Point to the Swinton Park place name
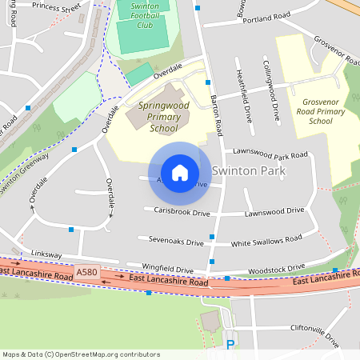249,170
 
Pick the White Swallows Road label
266,240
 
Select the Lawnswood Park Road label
270,152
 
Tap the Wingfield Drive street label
167,270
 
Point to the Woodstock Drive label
277,268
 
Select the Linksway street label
46,253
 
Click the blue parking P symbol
230,346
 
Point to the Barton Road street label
216,112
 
